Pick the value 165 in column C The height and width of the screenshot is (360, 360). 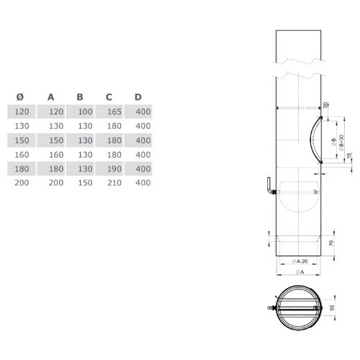point(114,112)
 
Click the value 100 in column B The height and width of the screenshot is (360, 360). point(85,112)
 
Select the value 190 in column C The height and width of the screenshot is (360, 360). point(114,168)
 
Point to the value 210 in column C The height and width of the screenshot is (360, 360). point(114,183)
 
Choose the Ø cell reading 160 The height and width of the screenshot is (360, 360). point(23,154)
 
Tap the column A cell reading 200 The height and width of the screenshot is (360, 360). point(55,183)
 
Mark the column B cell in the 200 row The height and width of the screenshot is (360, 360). point(85,183)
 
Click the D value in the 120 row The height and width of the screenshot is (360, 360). point(143,112)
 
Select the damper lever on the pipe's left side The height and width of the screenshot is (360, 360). point(269,188)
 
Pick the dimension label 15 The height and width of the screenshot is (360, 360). point(349,156)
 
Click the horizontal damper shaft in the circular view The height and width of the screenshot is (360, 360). point(298,308)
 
